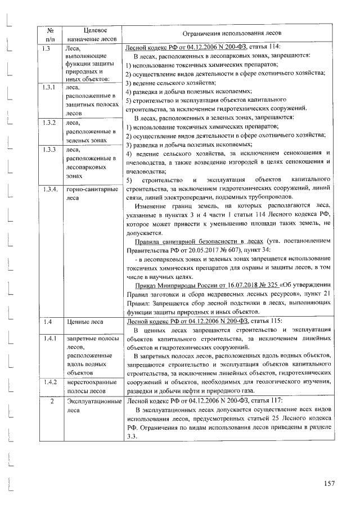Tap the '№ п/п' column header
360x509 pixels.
[49, 35]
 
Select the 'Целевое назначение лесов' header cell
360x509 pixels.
[91, 35]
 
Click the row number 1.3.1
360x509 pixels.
[48, 88]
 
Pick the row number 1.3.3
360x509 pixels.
[48, 150]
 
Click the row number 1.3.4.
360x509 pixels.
[49, 189]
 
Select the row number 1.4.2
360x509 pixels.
[48, 382]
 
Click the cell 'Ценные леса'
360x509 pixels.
[84, 322]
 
